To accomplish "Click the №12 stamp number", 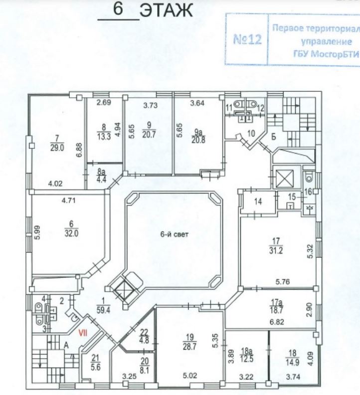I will [x=248, y=39].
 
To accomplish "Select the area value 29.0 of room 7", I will [x=57, y=147].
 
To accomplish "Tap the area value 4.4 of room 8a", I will [x=101, y=181].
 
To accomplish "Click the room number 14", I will [x=258, y=202].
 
